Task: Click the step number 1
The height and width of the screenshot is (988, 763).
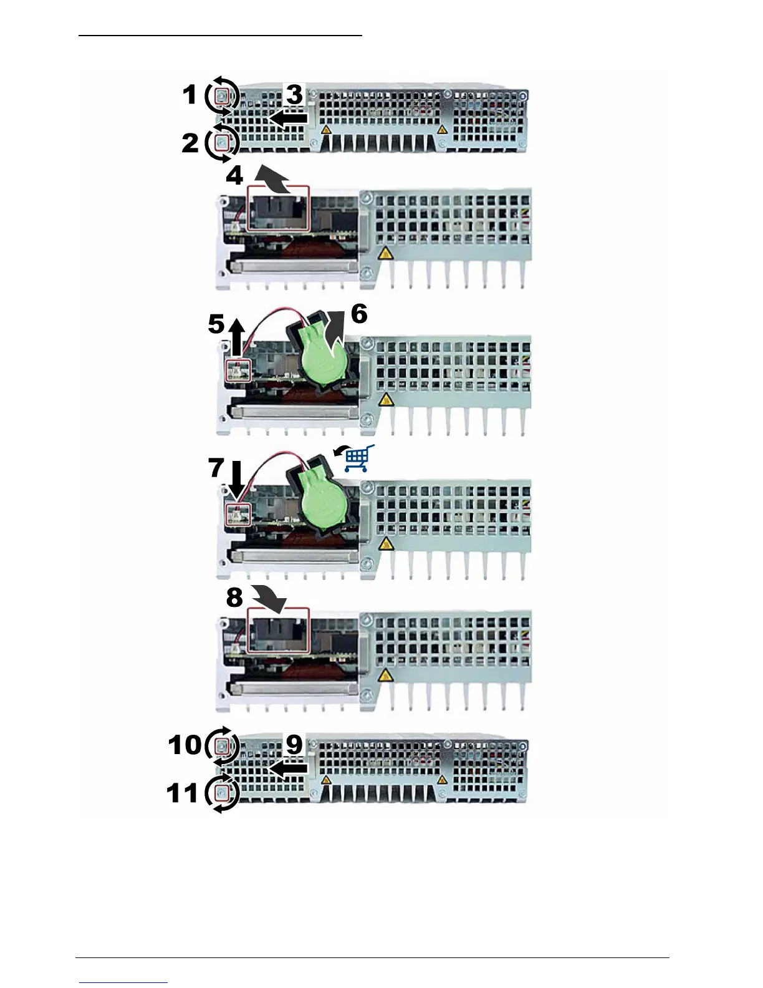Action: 190,95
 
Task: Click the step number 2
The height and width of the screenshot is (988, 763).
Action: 190,143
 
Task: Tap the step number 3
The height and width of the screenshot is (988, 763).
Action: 294,95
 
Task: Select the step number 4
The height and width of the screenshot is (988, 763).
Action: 234,176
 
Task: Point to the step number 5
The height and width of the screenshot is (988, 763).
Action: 216,324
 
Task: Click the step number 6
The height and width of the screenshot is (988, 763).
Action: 359,314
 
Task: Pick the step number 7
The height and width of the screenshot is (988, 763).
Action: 216,467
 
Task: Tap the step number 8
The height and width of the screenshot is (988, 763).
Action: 234,598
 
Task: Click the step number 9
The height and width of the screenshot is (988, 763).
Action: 294,745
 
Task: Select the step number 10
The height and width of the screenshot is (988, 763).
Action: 185,745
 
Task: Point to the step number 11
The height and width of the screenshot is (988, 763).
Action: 183,793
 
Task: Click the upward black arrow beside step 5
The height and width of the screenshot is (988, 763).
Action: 236,338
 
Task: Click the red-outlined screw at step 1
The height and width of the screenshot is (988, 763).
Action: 223,96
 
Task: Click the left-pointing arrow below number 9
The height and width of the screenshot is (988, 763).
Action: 287,770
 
